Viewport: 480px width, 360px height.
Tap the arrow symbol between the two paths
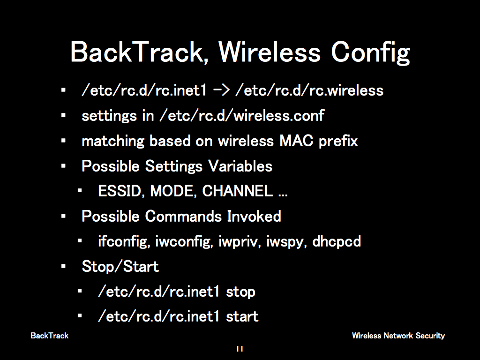point(221,90)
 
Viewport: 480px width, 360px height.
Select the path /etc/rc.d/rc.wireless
point(309,90)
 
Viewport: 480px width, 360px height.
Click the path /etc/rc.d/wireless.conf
point(242,115)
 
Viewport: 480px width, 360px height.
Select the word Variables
point(240,166)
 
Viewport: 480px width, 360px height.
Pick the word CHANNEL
point(238,191)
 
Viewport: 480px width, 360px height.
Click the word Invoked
point(254,216)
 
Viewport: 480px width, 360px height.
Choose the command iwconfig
point(184,241)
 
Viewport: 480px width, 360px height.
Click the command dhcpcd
point(337,241)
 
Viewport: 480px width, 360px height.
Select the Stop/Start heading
point(120,266)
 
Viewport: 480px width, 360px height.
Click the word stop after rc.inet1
point(240,292)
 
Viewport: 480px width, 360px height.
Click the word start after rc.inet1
point(242,316)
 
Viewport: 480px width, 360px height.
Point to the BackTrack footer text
point(50,336)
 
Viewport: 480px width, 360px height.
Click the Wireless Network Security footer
point(398,336)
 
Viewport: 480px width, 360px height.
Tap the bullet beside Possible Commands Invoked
point(63,217)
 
